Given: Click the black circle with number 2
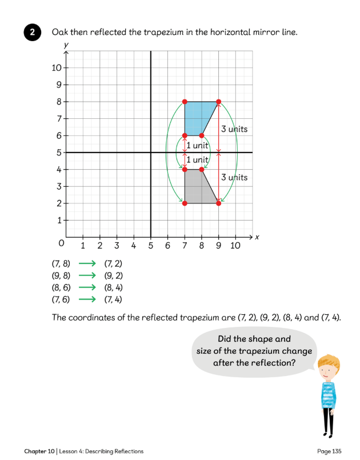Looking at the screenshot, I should click(32, 33).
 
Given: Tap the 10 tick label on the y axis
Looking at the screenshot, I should click(56, 68).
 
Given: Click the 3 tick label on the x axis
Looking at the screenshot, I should click(117, 246).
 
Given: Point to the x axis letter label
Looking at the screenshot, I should click(257, 237).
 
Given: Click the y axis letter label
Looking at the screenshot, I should click(66, 45).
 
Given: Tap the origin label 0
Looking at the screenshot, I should click(61, 244).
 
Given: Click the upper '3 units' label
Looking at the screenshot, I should click(234, 129).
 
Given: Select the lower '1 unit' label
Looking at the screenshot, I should click(198, 160).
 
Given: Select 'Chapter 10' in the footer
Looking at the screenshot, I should click(39, 451).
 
